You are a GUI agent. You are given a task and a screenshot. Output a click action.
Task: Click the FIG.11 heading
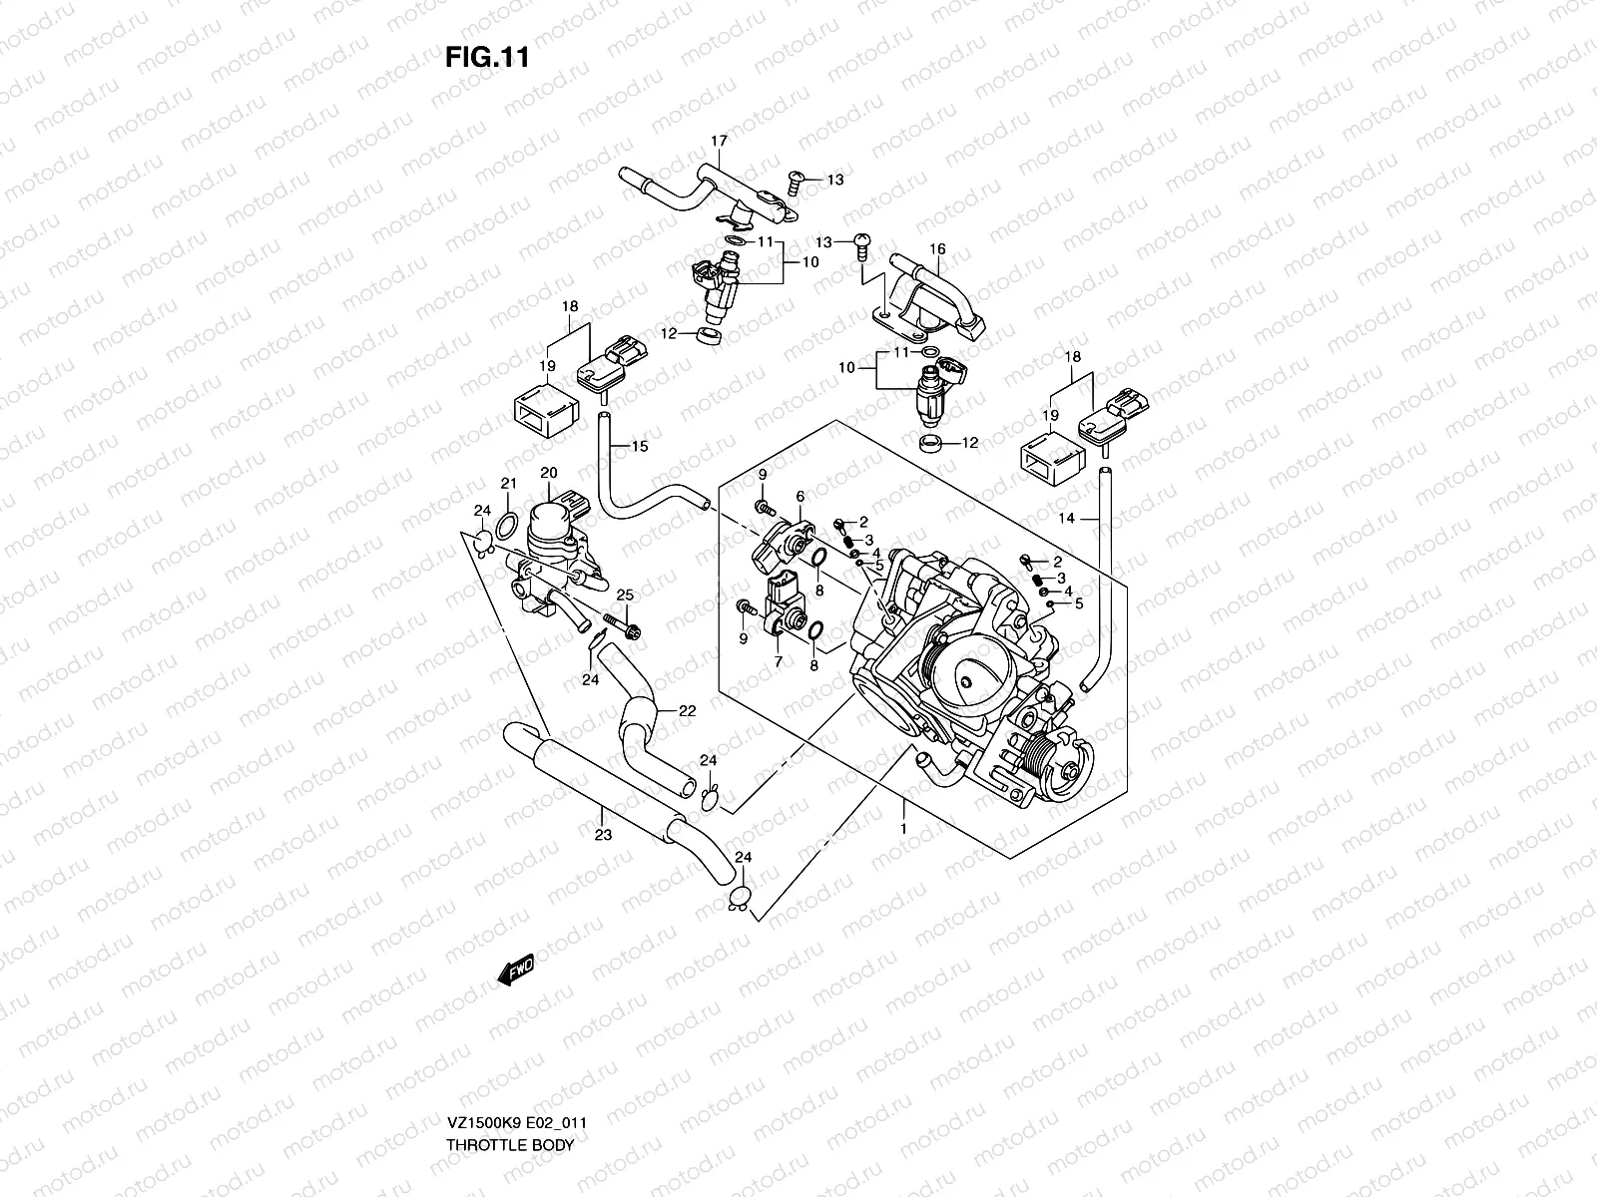(486, 58)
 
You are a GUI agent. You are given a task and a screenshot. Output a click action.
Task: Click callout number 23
(602, 836)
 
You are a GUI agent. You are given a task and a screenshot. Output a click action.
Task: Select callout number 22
(687, 711)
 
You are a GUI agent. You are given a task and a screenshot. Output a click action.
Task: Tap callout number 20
(548, 472)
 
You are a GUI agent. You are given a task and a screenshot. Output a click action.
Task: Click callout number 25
(624, 595)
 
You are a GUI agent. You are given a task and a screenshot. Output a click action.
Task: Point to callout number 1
(903, 828)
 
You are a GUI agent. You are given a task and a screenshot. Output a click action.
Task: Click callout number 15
(639, 446)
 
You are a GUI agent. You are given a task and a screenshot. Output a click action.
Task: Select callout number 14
(1066, 518)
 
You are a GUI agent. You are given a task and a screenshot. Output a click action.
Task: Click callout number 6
(799, 496)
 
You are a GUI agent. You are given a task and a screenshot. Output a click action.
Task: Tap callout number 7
(775, 661)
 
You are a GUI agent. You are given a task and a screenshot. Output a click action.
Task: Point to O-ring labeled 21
(506, 525)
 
